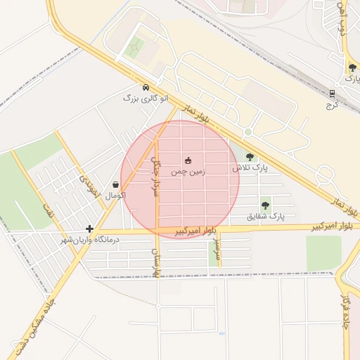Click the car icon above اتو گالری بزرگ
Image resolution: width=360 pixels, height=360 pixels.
(146, 88)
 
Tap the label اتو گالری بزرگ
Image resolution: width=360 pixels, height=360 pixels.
(147, 98)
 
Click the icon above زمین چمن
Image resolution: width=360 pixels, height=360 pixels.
(188, 160)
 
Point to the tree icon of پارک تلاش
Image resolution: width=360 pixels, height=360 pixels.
(250, 157)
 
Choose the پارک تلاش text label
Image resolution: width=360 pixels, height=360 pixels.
(250, 169)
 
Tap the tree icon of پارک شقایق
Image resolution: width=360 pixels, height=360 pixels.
(265, 205)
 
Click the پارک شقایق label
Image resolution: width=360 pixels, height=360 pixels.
(266, 217)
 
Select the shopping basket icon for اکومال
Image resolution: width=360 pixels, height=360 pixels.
(115, 184)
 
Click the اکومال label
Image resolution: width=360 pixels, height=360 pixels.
(115, 195)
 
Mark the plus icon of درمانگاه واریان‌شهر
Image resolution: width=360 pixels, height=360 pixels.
(89, 229)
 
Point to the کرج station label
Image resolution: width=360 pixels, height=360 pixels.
(332, 105)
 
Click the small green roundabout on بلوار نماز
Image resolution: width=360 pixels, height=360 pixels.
(247, 132)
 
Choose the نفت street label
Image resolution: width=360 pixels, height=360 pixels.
(49, 212)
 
